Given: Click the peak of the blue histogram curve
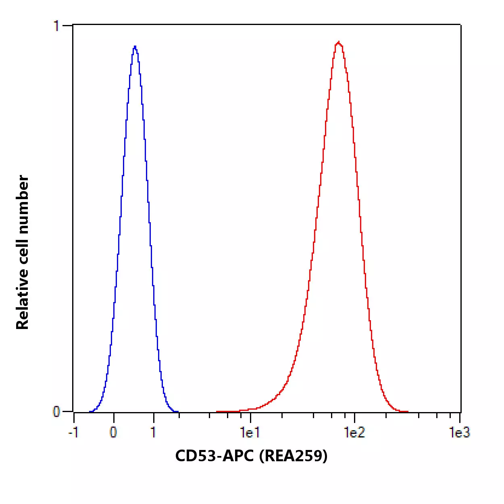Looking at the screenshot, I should click(x=135, y=46).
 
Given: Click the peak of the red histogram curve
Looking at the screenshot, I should click(x=339, y=42).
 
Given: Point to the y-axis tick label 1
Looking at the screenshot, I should click(x=56, y=26).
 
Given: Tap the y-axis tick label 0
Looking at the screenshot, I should click(x=56, y=412).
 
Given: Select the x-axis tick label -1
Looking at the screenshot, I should click(x=73, y=433).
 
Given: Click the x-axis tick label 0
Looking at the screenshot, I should click(x=113, y=433).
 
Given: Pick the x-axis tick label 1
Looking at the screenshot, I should click(x=153, y=433).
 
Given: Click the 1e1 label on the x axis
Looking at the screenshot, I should click(x=250, y=433).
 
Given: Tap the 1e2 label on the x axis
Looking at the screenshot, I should click(x=354, y=433).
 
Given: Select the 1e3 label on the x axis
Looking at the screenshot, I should click(x=460, y=433).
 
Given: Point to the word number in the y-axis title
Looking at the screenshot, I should click(x=22, y=204).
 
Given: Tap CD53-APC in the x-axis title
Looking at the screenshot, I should click(x=215, y=456).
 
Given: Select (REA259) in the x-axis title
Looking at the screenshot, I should click(x=293, y=456).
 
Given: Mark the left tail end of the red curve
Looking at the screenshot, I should click(x=217, y=412).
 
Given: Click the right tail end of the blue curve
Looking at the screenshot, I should click(x=178, y=412).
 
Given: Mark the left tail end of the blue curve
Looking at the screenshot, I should click(x=90, y=412).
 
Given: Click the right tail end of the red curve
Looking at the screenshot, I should click(x=408, y=412).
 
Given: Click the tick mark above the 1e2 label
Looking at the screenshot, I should click(x=355, y=416).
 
